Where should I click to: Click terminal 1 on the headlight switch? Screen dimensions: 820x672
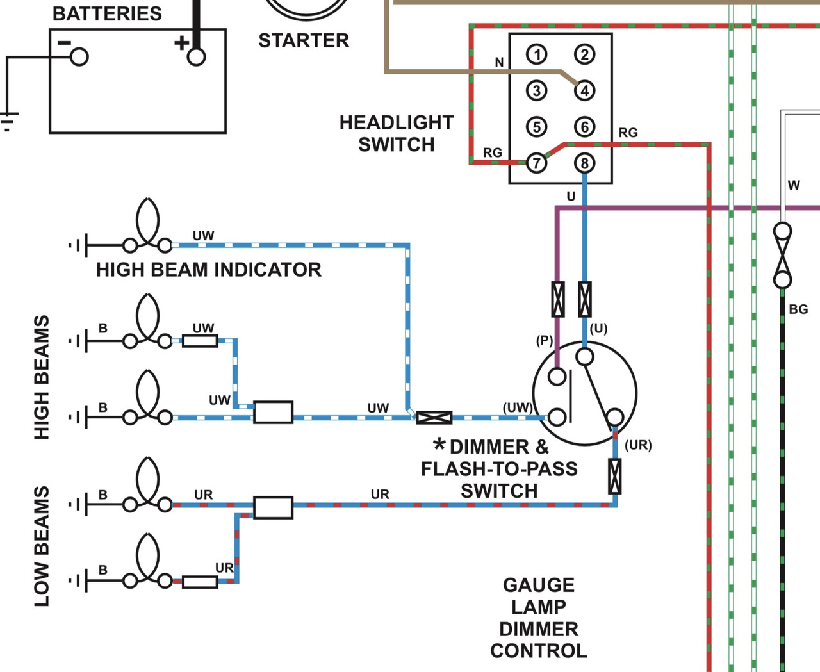(537, 54)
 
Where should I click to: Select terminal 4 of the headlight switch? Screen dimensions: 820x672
(584, 91)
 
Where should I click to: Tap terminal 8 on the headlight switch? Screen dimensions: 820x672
(584, 163)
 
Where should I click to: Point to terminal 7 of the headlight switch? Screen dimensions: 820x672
(537, 163)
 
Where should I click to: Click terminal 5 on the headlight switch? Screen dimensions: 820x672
(537, 127)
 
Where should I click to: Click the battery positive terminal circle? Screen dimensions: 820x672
(196, 57)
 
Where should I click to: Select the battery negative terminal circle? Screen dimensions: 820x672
(79, 57)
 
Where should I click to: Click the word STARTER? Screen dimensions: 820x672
(304, 40)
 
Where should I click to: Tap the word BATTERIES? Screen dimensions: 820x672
(107, 14)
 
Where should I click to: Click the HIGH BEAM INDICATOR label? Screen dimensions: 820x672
(209, 270)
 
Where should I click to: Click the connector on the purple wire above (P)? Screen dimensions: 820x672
(558, 299)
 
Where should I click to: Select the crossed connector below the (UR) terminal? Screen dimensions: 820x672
(614, 476)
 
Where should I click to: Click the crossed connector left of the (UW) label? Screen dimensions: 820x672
(434, 418)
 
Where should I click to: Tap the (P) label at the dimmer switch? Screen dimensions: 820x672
(544, 341)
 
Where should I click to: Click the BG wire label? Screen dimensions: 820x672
(799, 309)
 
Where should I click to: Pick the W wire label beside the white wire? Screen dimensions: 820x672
(794, 185)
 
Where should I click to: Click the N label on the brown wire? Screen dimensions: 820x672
(499, 62)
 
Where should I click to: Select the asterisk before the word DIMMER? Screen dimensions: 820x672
(439, 443)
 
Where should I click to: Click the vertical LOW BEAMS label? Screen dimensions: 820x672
(42, 546)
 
